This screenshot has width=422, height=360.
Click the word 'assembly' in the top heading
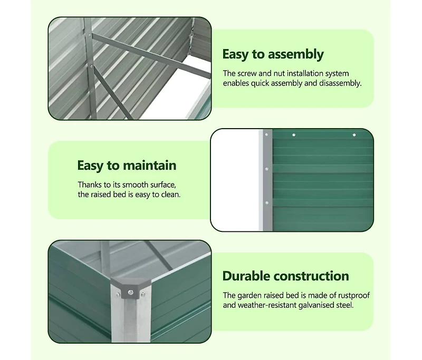pos(295,54)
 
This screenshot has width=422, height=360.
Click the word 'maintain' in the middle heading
pos(150,166)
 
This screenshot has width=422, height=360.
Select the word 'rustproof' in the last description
pos(351,295)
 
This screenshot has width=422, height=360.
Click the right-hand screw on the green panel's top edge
pos(354,135)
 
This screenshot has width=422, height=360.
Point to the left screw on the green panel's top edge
pos(294,135)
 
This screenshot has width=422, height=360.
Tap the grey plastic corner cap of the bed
pos(128,287)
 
